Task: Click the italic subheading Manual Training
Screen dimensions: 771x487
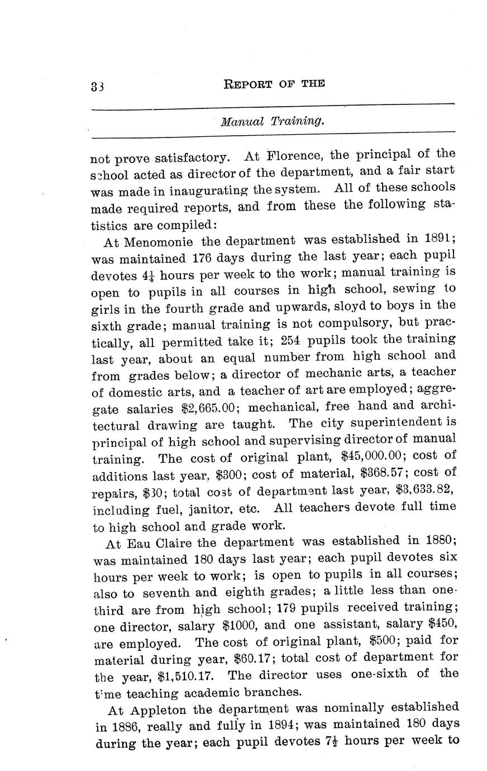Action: tap(272, 121)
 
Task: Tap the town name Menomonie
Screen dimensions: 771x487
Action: tap(159, 242)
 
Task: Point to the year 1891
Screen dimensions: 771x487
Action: tap(437, 239)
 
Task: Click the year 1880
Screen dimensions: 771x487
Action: tap(438, 540)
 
